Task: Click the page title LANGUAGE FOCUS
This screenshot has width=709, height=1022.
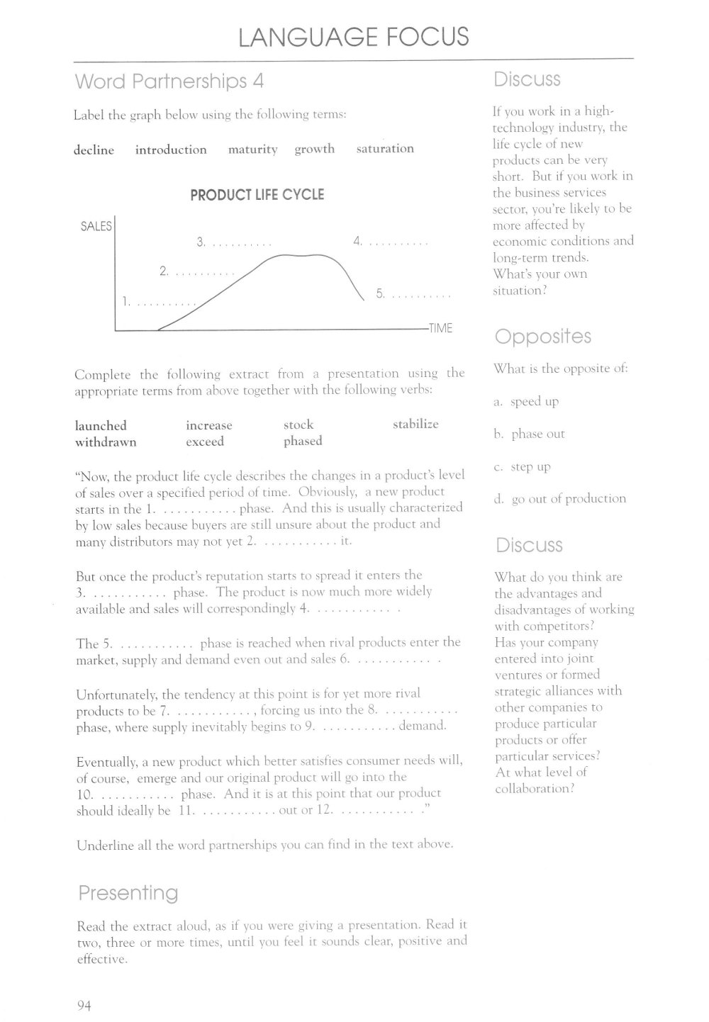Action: coord(354,35)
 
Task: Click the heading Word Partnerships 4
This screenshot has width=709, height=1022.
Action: coord(169,82)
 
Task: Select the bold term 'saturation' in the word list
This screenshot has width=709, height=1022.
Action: coord(385,149)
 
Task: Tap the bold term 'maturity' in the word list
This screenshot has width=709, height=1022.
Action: coord(252,150)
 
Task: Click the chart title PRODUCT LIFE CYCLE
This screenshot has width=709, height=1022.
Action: coord(257,194)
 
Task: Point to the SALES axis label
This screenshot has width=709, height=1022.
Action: coord(96,226)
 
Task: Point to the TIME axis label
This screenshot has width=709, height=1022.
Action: coord(440,328)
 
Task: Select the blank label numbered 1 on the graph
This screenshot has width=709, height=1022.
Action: coord(158,302)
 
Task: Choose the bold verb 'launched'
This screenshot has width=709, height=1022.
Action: coord(101,425)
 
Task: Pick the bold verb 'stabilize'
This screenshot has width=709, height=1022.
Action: coord(415,425)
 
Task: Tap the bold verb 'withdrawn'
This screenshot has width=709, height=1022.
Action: coord(106,442)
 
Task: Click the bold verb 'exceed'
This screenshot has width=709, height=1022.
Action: coord(205,442)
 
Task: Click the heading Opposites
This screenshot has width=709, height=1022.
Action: coord(542,336)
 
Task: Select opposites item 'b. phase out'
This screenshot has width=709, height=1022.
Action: coord(530,434)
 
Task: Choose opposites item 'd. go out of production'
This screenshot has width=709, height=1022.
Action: coord(560,498)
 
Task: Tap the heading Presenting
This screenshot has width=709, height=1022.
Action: coord(128,892)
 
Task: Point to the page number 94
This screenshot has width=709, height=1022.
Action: coord(85,1004)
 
